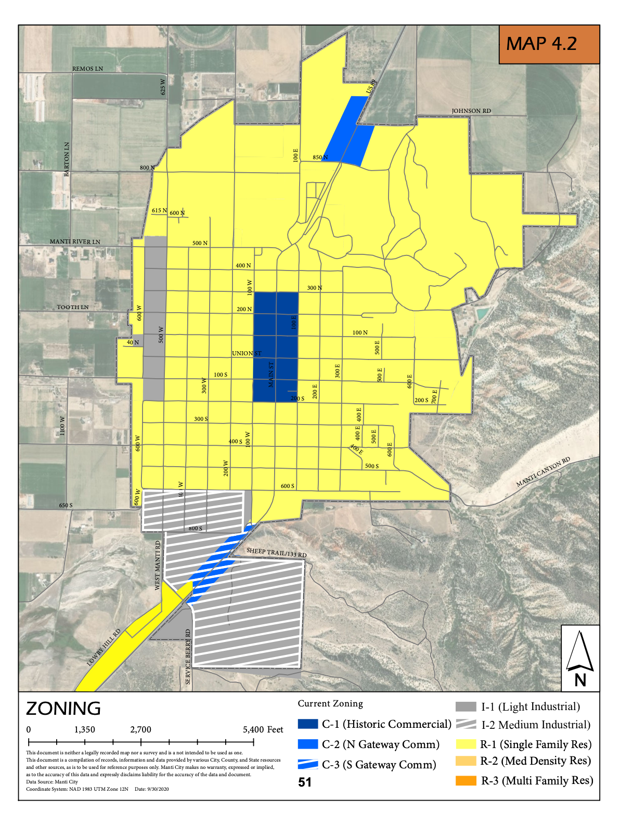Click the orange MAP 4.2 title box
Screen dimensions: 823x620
(x=549, y=45)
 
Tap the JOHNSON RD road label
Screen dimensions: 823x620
(x=471, y=111)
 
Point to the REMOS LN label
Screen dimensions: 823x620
(x=87, y=69)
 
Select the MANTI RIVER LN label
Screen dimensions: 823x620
(x=75, y=242)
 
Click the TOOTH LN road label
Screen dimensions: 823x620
(x=73, y=307)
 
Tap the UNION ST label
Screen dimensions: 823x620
(x=247, y=354)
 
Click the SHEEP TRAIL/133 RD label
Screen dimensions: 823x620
(x=276, y=552)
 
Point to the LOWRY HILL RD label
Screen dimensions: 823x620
(x=104, y=647)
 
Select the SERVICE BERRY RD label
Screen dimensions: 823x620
(x=188, y=657)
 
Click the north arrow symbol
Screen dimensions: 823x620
(x=580, y=658)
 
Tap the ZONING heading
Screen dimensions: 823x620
(x=63, y=709)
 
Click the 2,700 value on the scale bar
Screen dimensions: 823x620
(x=140, y=729)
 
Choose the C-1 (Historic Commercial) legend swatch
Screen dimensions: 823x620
(x=307, y=724)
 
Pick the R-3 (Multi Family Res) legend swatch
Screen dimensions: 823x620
(x=466, y=780)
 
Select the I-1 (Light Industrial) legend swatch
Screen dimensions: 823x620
(x=466, y=706)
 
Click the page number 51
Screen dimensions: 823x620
(x=305, y=782)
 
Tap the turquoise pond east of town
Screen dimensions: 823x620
(x=482, y=314)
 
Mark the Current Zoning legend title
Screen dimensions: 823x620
(x=330, y=703)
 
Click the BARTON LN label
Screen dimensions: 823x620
(x=67, y=159)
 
